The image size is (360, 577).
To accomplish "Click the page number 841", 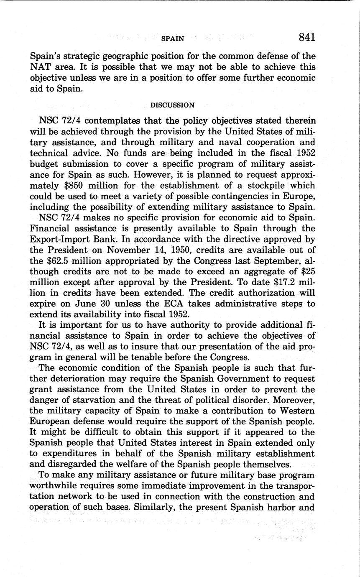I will (x=306, y=38).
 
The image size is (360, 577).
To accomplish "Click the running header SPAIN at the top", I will (x=173, y=38).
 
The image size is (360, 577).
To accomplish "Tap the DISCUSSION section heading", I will (x=172, y=105).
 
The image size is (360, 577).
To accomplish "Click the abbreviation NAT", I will (x=40, y=67).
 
